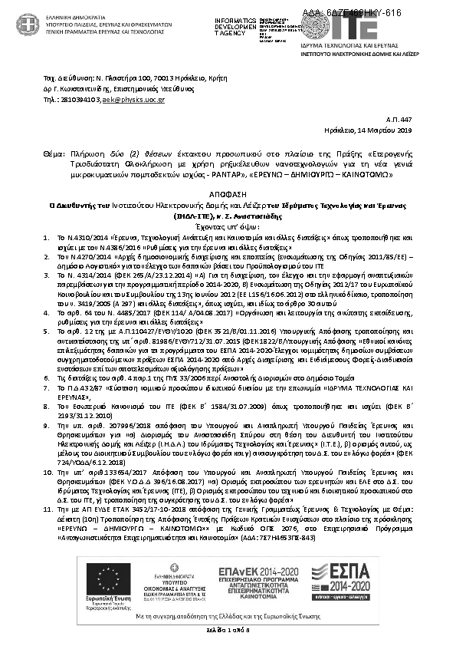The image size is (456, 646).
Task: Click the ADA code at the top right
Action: click(363, 13)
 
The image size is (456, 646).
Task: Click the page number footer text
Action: click(228, 630)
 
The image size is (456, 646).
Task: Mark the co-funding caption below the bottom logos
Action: click(228, 615)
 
